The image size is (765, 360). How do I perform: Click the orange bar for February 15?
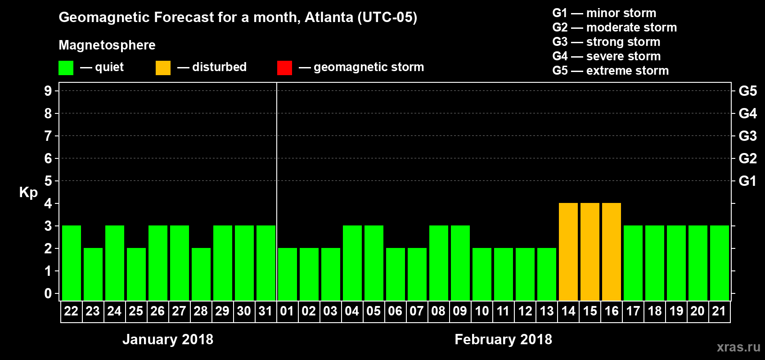[590, 252]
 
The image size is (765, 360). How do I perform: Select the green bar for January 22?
[72, 263]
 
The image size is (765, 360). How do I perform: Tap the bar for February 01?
[288, 274]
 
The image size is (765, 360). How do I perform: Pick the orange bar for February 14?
[568, 252]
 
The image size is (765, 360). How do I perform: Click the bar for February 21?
[720, 263]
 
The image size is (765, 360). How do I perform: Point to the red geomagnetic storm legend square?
[284, 67]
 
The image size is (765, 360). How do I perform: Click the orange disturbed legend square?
[163, 67]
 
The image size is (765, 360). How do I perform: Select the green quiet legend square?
[66, 67]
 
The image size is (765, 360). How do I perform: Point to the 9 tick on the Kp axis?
[48, 91]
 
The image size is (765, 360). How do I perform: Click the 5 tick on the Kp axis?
[48, 181]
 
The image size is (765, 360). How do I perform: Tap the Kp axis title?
[28, 192]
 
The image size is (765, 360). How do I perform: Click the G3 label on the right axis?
[747, 136]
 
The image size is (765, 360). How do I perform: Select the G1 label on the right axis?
[747, 181]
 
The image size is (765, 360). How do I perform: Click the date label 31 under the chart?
[265, 311]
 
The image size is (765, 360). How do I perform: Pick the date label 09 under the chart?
[460, 311]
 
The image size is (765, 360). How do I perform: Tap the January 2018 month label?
[168, 339]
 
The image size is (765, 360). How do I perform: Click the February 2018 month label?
[503, 339]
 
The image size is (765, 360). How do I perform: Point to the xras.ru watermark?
[738, 347]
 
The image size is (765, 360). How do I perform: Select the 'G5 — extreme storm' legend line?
[610, 71]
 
